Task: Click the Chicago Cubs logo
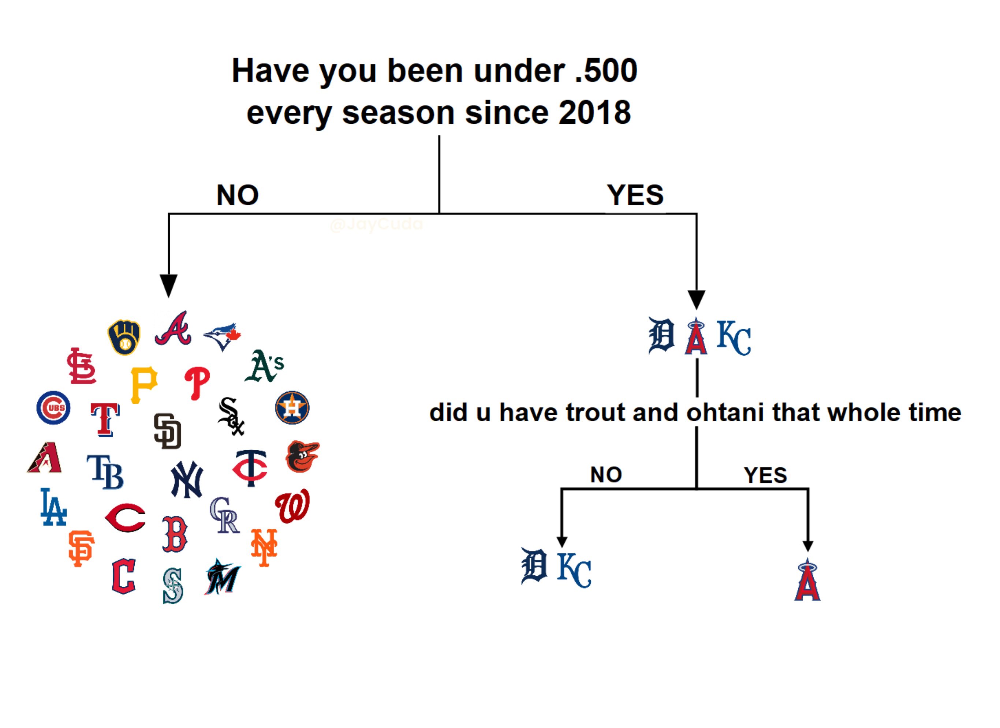click(x=53, y=407)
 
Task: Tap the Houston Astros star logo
click(x=292, y=407)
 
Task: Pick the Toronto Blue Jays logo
click(x=222, y=336)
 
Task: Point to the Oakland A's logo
click(x=264, y=366)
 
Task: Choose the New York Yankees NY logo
click(x=187, y=479)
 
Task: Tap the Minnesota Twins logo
click(x=250, y=468)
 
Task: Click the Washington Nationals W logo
click(x=292, y=506)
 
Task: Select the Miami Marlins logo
click(x=222, y=577)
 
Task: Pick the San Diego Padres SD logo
click(x=168, y=431)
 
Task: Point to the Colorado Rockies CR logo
click(x=224, y=515)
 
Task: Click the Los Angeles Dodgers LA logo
click(x=53, y=507)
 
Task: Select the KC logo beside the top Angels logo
click(x=734, y=338)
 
